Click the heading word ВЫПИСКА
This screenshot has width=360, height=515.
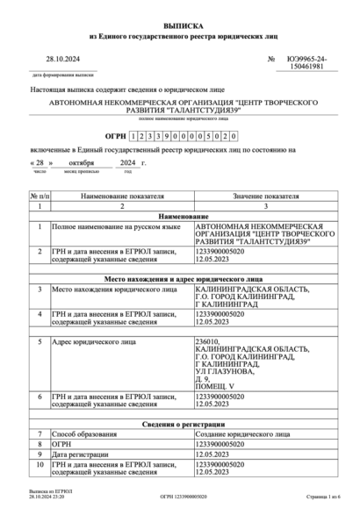pyautogui.click(x=180, y=28)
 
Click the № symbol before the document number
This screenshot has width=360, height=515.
pyautogui.click(x=270, y=59)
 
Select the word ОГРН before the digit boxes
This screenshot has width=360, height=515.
pyautogui.click(x=114, y=137)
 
